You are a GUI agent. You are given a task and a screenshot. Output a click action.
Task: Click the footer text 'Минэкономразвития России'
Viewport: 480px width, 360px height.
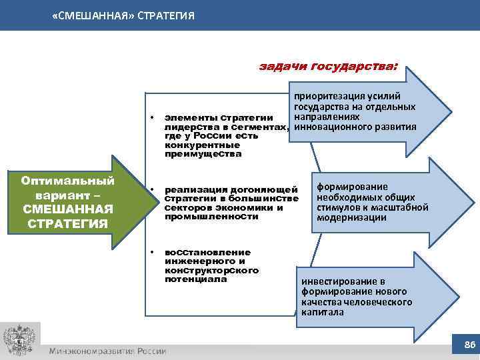tap(107, 351)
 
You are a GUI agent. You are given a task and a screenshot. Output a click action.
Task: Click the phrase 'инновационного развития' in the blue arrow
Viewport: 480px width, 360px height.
tap(355, 127)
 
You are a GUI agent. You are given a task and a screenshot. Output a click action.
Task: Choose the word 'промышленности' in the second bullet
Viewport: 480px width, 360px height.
tap(202, 217)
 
